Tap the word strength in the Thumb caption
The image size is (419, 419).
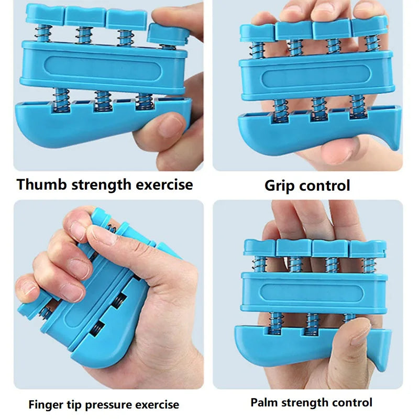(104, 184)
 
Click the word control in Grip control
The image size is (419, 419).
(327, 185)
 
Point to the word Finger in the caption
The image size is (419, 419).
(46, 404)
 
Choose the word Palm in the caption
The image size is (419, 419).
(264, 402)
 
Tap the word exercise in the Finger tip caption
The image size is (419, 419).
(157, 404)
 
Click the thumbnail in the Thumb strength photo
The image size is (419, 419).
(169, 126)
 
